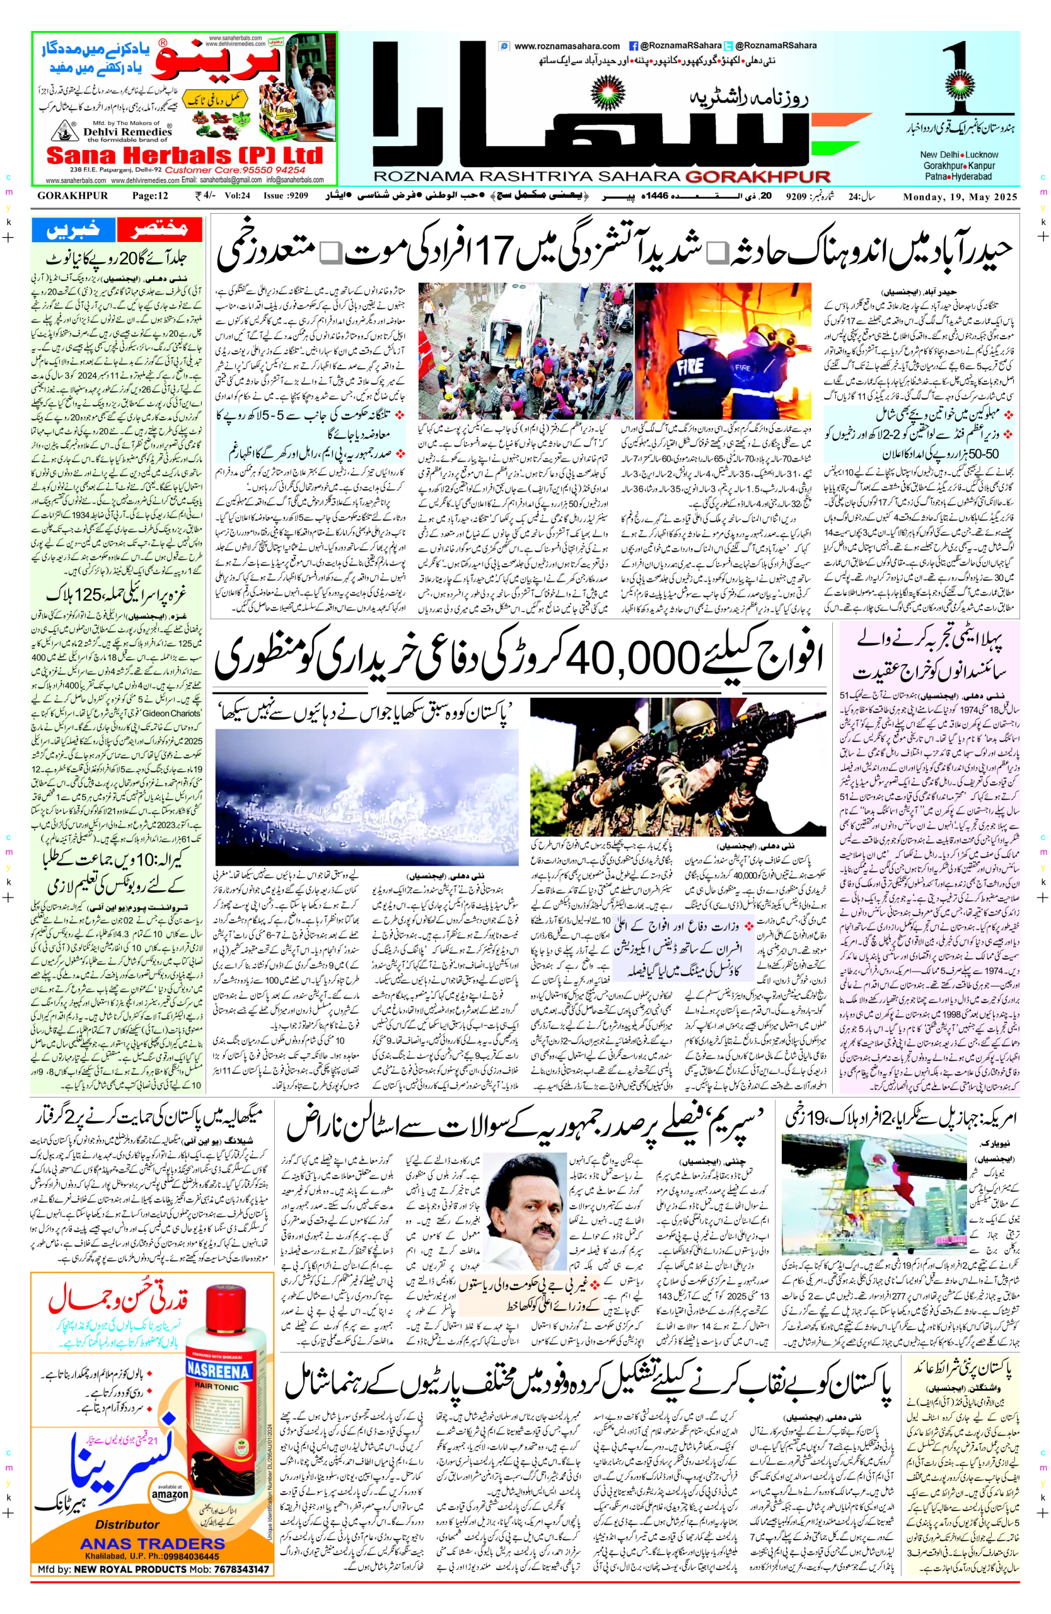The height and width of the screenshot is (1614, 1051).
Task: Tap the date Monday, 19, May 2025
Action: pos(960,197)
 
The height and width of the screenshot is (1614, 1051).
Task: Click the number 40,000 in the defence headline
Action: pos(634,656)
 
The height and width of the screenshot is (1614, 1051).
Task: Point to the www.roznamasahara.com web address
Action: pos(566,46)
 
